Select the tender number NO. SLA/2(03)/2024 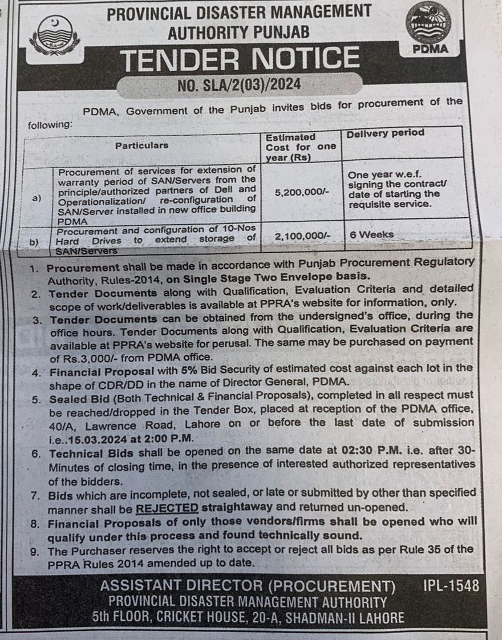tap(239, 86)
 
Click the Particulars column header tap(141, 145)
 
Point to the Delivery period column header tap(386, 133)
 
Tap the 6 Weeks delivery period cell tap(371, 234)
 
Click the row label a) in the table tap(37, 198)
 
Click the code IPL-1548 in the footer tap(451, 586)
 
